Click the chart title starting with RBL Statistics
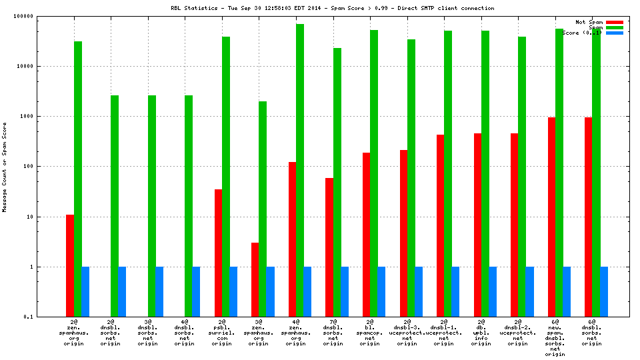click(332, 8)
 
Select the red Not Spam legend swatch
click(615, 22)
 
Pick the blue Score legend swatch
click(615, 33)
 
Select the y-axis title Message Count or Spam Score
click(5, 167)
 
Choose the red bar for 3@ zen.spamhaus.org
click(255, 279)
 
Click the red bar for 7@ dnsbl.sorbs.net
click(329, 247)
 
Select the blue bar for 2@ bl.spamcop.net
click(381, 291)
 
